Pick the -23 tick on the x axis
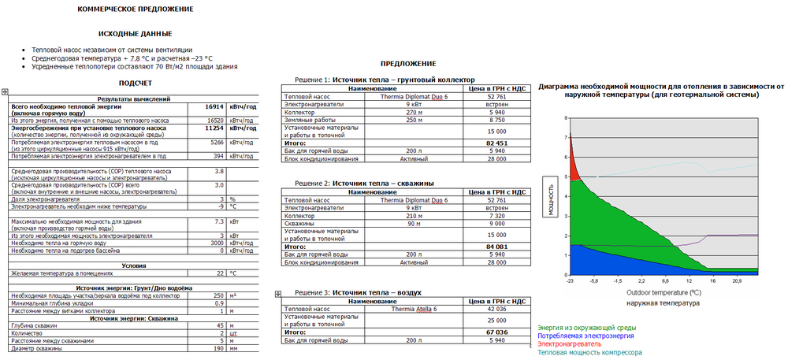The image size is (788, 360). coord(569,280)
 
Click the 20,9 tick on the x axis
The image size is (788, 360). coord(738,280)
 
